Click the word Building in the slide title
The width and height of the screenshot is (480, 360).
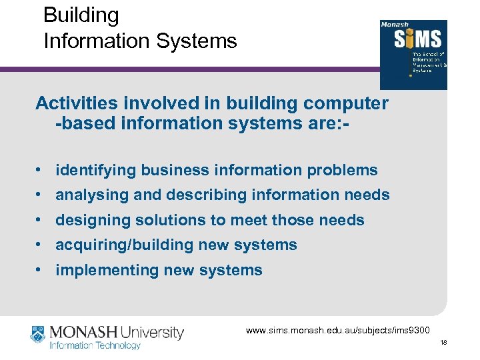tap(81, 15)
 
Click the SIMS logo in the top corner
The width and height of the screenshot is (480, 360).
tap(413, 54)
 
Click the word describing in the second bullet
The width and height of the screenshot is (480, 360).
tap(201, 195)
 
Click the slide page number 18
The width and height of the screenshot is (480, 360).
tap(443, 342)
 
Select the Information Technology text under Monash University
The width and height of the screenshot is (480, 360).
tap(95, 345)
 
